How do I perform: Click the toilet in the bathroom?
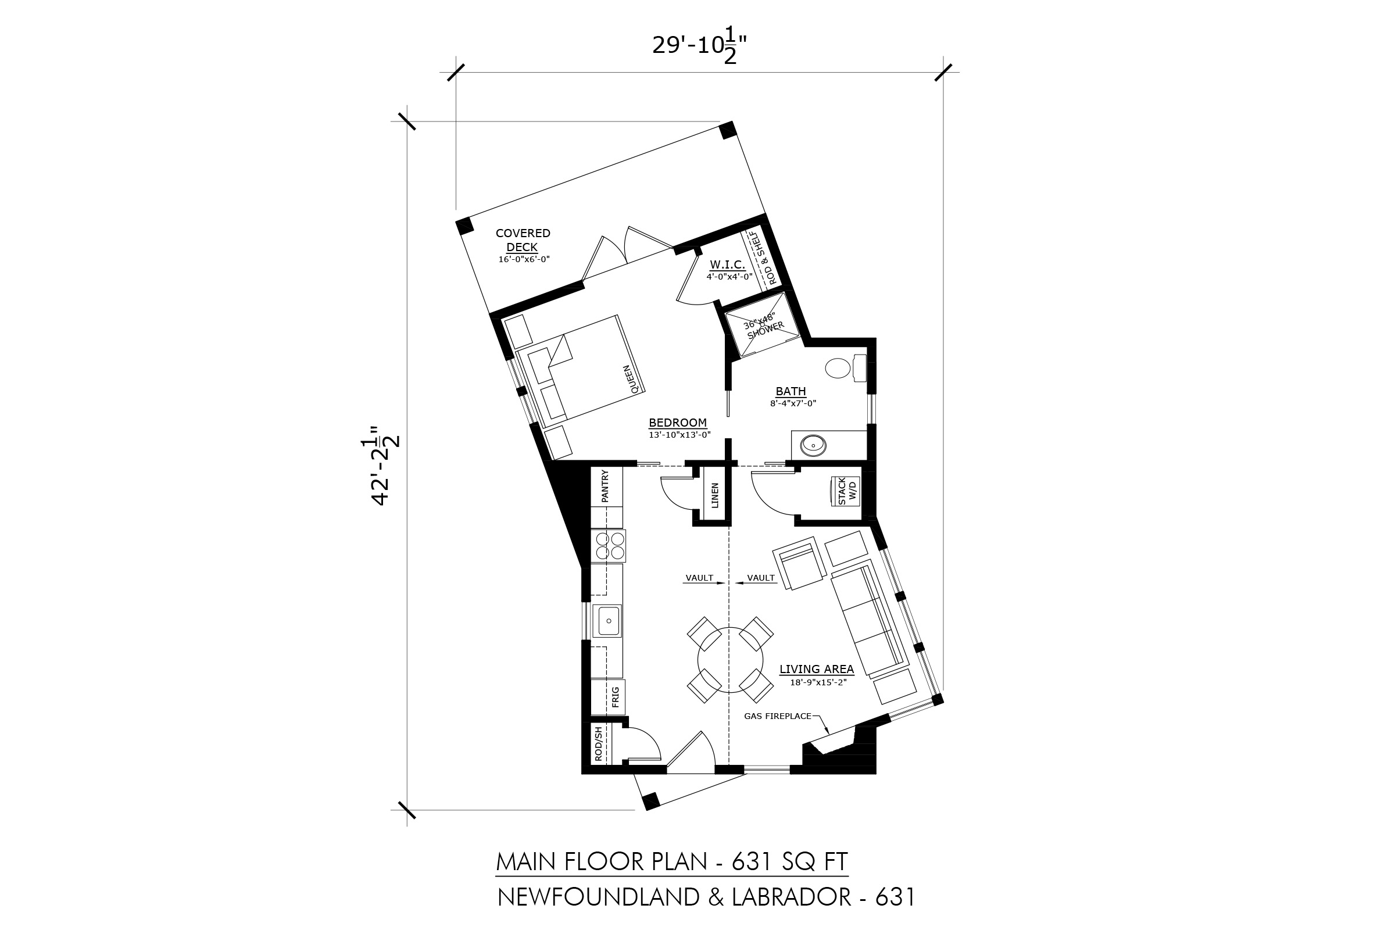click(x=845, y=368)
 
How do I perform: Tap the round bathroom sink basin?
click(x=813, y=445)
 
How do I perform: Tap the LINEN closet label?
click(x=715, y=495)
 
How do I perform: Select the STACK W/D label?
click(x=847, y=491)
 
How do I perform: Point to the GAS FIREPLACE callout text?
click(x=778, y=716)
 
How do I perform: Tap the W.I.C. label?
click(x=727, y=264)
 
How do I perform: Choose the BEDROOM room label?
click(x=677, y=423)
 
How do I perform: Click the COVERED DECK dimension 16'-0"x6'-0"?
click(x=524, y=259)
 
